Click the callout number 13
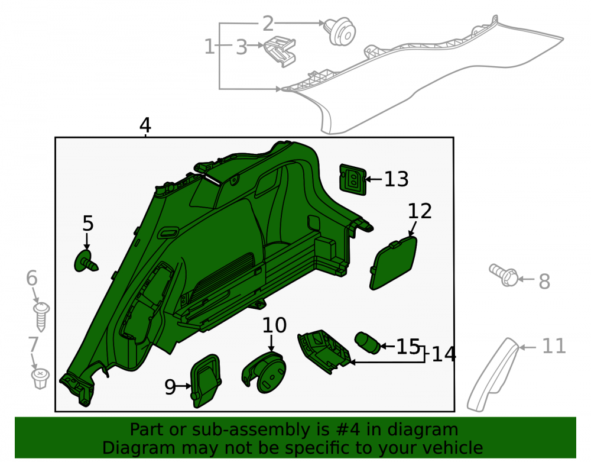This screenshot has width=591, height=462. click(x=396, y=179)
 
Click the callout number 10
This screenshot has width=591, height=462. click(x=274, y=325)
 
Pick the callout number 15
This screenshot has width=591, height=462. click(x=408, y=347)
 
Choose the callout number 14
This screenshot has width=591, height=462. click(x=444, y=354)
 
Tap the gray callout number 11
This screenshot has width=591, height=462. click(x=554, y=346)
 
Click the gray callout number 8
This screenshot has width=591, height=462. click(x=544, y=282)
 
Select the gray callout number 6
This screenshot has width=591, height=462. click(x=32, y=278)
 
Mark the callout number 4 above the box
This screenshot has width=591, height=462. click(x=145, y=125)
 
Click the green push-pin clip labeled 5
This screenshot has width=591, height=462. click(x=86, y=261)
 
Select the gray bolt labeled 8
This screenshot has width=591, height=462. click(x=504, y=274)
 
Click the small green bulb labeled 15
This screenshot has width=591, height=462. click(x=368, y=343)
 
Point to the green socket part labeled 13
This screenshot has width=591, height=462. click(x=353, y=179)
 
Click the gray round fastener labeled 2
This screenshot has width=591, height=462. click(x=341, y=31)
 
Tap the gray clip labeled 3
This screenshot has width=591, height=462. click(x=280, y=51)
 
